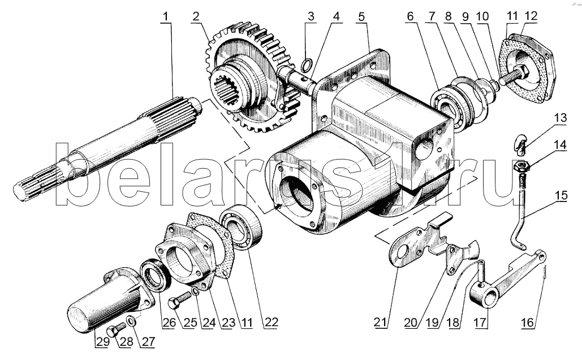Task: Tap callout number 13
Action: point(559,118)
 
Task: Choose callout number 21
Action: point(381,323)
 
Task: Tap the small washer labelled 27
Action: point(131,323)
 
